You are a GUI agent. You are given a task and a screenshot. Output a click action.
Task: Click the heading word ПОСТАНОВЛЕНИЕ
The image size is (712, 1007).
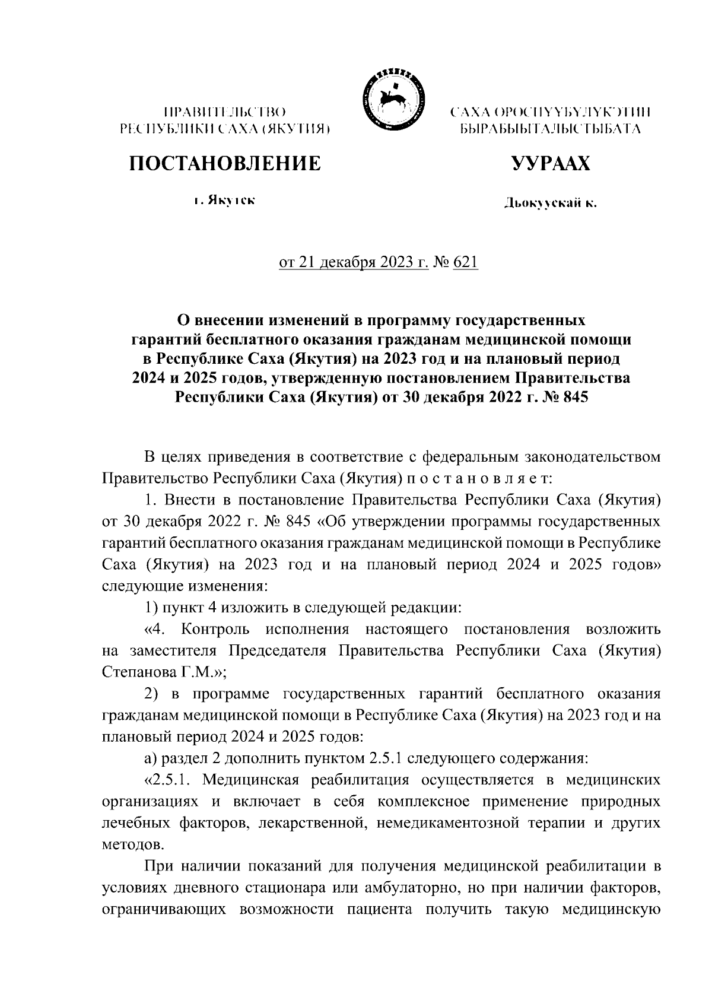(x=225, y=163)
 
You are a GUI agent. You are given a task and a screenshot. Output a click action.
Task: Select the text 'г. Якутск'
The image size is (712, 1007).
(x=225, y=201)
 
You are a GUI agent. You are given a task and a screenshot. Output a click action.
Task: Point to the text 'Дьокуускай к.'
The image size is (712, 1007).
(x=550, y=204)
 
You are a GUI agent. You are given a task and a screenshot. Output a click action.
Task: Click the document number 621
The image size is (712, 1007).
(x=465, y=262)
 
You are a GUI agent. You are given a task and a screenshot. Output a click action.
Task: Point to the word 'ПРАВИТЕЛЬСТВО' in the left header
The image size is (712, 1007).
(x=225, y=111)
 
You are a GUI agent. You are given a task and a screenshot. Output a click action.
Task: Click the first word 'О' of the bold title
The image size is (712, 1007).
(x=183, y=320)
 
